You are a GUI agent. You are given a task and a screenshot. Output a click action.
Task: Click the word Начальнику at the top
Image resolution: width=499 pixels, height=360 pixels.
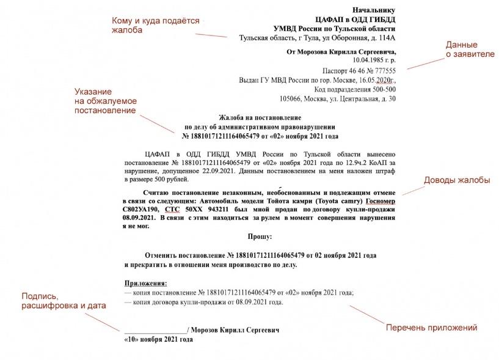374,10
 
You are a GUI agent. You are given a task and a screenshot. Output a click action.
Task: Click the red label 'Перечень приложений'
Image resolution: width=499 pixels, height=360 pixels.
431,328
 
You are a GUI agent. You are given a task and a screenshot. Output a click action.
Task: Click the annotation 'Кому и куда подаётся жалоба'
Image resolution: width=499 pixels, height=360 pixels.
155,25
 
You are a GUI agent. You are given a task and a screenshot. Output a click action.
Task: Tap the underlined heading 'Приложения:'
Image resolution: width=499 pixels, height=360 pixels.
145,284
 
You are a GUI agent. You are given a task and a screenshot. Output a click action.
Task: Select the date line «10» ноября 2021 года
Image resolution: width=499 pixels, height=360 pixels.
158,339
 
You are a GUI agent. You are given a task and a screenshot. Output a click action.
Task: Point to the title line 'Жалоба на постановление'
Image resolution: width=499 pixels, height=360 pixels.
260,117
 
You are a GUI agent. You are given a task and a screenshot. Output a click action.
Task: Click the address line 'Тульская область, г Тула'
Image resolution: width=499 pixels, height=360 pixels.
318,38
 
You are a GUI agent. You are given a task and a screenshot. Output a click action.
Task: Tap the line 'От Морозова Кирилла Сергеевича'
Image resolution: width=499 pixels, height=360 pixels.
341,52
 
